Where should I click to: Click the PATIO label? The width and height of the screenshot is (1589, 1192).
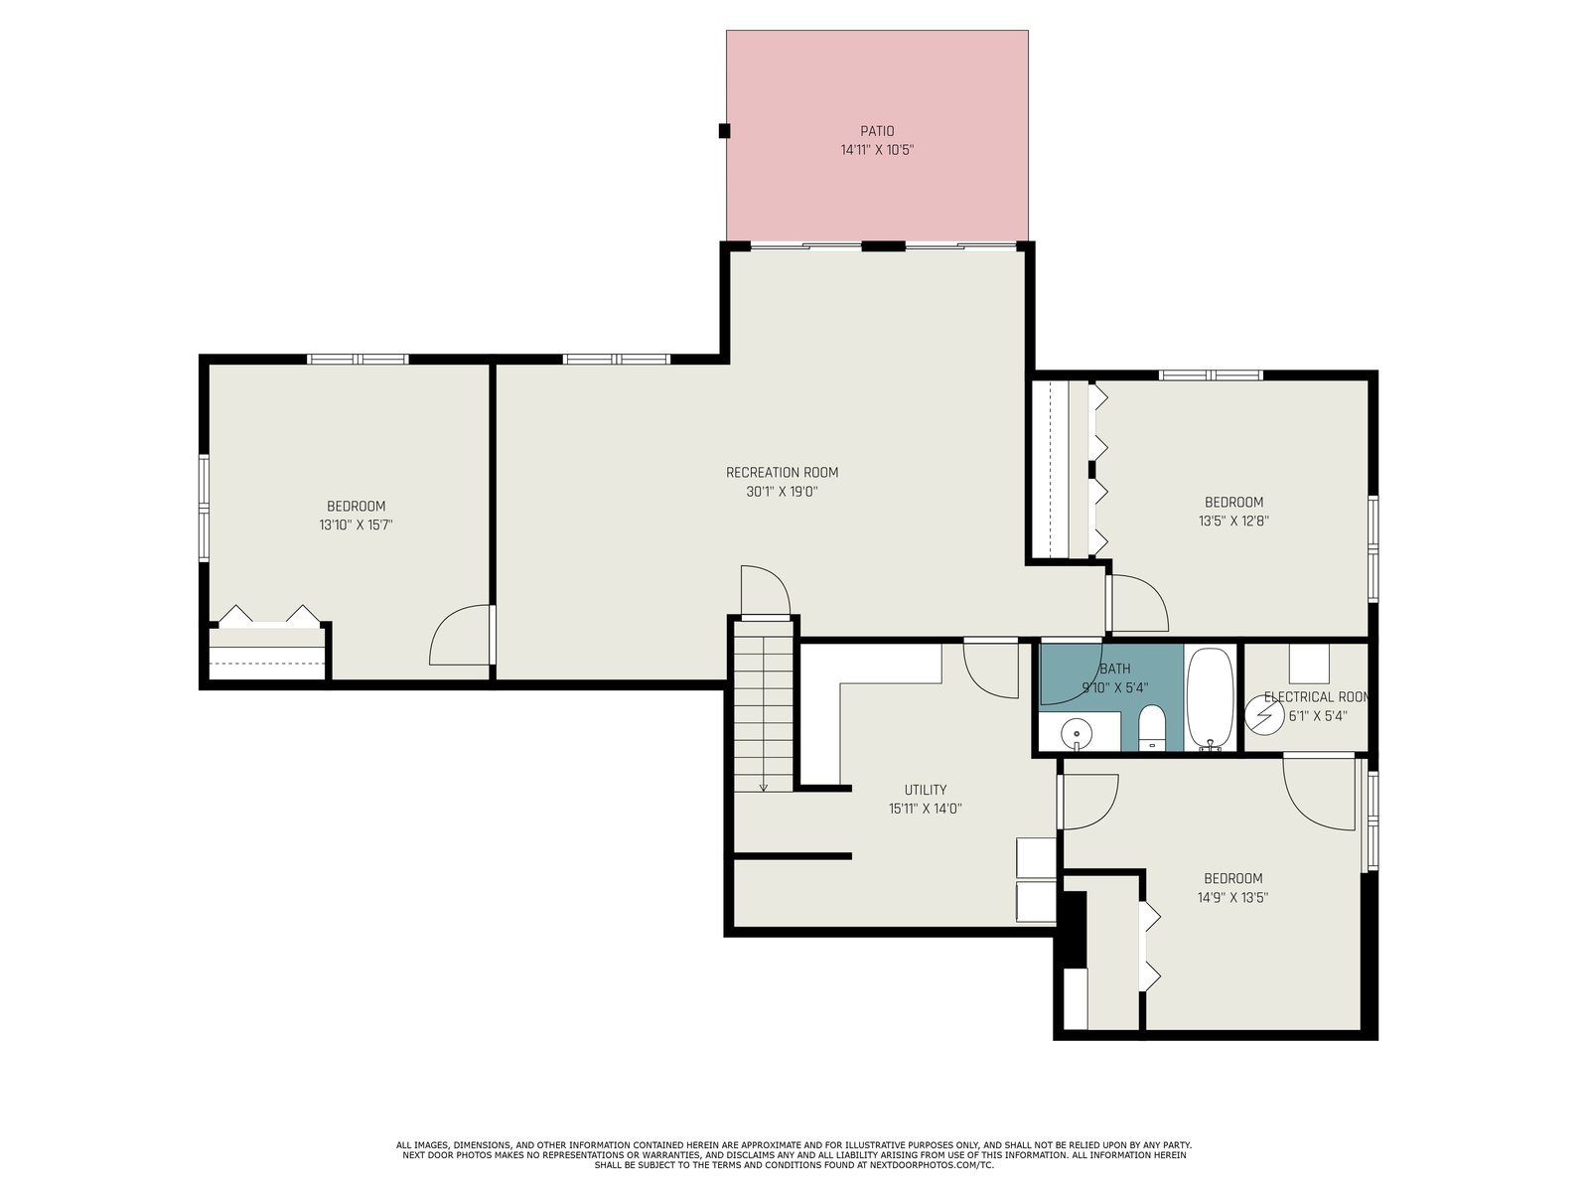click(x=877, y=131)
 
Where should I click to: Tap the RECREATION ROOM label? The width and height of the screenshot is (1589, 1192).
click(x=782, y=473)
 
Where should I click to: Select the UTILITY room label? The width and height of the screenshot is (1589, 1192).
click(x=926, y=790)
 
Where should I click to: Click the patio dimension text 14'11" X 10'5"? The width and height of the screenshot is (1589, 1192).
click(x=877, y=151)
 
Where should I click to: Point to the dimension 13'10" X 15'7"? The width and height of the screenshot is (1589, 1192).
click(x=356, y=524)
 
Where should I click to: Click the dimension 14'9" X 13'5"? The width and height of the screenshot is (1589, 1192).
click(x=1232, y=897)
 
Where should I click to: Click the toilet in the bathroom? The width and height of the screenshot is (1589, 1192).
click(x=1151, y=728)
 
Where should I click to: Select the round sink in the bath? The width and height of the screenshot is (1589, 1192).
click(x=1077, y=734)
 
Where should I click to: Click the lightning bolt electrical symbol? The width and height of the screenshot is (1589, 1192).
click(x=1264, y=716)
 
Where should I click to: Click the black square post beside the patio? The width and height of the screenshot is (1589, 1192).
click(x=724, y=131)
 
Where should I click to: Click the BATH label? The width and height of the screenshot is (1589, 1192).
click(x=1115, y=669)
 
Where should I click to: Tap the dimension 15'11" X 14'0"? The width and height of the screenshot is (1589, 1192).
click(x=926, y=810)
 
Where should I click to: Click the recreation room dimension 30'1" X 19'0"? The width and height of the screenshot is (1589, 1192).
click(x=782, y=492)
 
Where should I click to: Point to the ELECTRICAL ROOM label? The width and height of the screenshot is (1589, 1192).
click(x=1317, y=697)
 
